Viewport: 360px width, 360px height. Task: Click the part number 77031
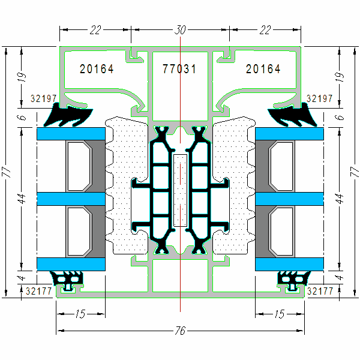[x=179, y=69]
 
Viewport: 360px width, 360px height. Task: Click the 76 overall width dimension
[x=181, y=331]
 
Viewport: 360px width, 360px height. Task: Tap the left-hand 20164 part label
[x=97, y=69]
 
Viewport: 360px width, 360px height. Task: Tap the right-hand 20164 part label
[x=263, y=69]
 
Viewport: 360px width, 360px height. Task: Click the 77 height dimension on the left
[x=7, y=172]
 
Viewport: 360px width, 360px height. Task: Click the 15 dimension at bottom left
[x=81, y=313]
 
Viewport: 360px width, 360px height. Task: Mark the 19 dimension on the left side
[x=22, y=77]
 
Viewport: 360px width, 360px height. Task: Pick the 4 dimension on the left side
[x=22, y=277]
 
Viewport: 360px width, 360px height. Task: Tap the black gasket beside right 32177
[x=293, y=279]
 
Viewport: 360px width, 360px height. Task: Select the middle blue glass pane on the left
[x=71, y=198]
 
